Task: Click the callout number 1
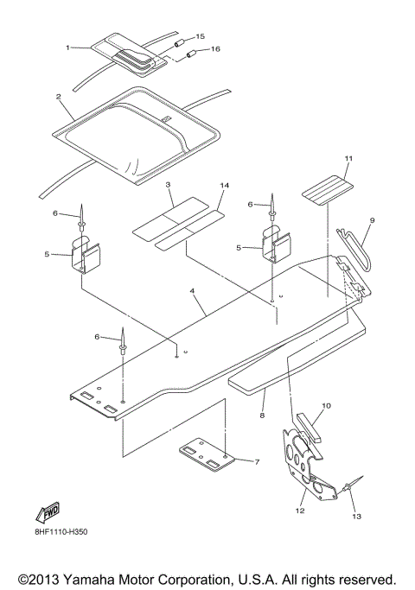[68, 47]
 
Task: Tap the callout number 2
[58, 98]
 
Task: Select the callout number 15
[201, 36]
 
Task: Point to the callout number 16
[215, 49]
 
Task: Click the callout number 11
[325, 159]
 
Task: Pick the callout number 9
[372, 221]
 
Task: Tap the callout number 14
[225, 186]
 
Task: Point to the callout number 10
[326, 405]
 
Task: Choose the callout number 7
[256, 462]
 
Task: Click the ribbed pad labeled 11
[327, 186]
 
